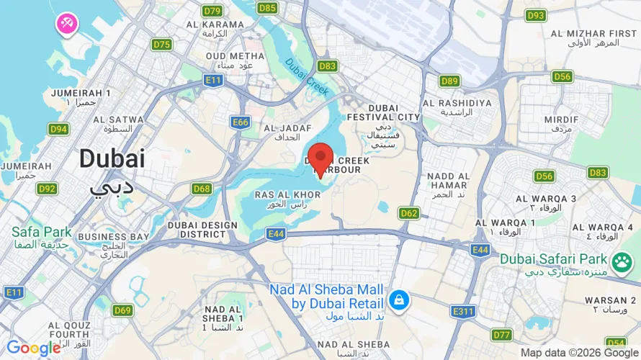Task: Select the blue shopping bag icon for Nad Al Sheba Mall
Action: (398, 299)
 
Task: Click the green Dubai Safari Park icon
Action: (622, 261)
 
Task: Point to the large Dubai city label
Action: (112, 158)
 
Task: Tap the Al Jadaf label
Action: (287, 132)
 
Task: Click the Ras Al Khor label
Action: (287, 199)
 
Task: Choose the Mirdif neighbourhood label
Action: (562, 123)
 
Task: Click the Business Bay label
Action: (113, 240)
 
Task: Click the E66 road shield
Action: (241, 122)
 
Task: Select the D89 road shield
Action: (450, 81)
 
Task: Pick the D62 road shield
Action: (409, 212)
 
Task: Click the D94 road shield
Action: (58, 129)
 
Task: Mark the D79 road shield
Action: (212, 11)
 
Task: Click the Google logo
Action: (33, 348)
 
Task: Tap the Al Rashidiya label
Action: (457, 107)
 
